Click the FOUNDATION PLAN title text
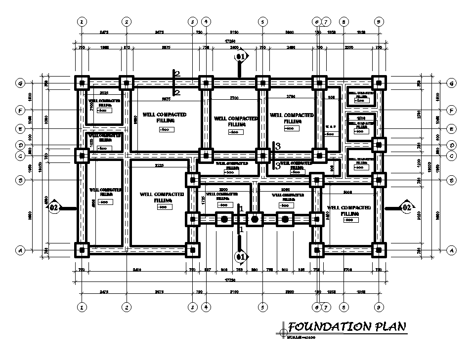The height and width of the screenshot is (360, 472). pyautogui.click(x=347, y=326)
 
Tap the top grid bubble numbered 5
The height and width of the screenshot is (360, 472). pyautogui.click(x=262, y=22)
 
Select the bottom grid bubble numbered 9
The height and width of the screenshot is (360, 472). pyautogui.click(x=379, y=307)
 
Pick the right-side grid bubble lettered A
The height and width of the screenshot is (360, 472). pyautogui.click(x=451, y=250)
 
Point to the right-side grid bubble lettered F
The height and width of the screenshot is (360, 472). pyautogui.click(x=451, y=111)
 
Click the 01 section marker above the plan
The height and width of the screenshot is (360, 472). pyautogui.click(x=240, y=57)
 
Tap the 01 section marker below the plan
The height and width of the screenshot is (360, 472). pyautogui.click(x=240, y=256)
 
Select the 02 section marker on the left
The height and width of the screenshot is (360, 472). pyautogui.click(x=54, y=208)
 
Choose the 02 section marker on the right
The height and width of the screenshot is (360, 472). pyautogui.click(x=406, y=207)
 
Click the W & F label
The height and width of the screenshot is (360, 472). pyautogui.click(x=331, y=127)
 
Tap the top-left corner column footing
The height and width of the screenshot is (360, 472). pyautogui.click(x=82, y=82)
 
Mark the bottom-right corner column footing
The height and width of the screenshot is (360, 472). pyautogui.click(x=379, y=250)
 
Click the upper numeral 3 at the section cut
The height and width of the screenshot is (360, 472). pyautogui.click(x=278, y=146)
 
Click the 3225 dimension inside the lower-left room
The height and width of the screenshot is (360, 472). pyautogui.click(x=159, y=165)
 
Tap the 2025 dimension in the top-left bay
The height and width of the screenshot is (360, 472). pyautogui.click(x=104, y=93)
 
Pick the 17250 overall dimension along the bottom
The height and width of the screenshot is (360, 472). pyautogui.click(x=230, y=281)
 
